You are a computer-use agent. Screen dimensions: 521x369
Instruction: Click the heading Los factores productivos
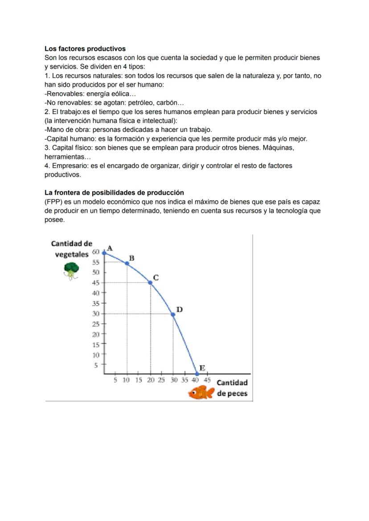85,49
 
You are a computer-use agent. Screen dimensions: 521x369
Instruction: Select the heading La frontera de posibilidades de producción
114,193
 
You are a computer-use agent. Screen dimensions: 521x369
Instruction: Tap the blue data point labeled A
104,253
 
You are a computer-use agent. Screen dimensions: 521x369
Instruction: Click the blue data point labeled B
127,263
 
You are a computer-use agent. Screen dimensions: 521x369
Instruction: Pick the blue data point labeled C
150,283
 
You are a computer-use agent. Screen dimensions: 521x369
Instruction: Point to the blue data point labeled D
173,314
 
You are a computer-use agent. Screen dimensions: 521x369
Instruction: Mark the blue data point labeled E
197,373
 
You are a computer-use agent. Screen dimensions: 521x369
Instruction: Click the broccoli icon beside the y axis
71,271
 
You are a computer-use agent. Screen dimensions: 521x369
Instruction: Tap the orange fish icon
201,393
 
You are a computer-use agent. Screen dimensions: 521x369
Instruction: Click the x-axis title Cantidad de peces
232,388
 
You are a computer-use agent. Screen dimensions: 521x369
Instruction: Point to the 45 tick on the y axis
96,283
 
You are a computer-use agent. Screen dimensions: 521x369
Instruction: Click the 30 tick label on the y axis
96,314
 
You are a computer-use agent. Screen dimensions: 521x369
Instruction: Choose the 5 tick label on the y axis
95,365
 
